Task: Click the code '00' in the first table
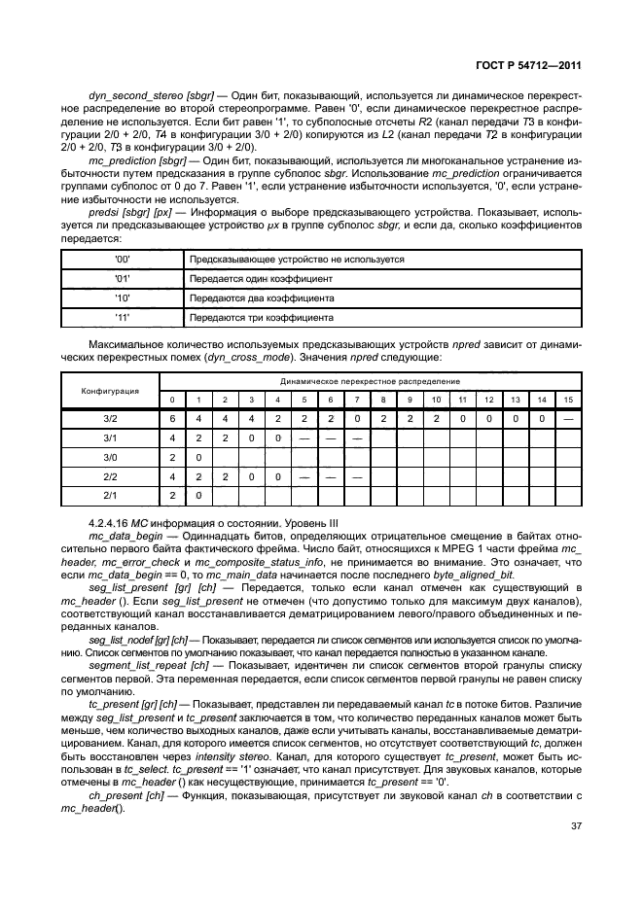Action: pyautogui.click(x=123, y=260)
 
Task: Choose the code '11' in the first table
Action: pyautogui.click(x=123, y=318)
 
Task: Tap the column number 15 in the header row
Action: pyautogui.click(x=568, y=401)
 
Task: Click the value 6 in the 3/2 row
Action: pyautogui.click(x=172, y=418)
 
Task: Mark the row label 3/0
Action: pyautogui.click(x=110, y=457)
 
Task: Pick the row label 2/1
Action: pyautogui.click(x=110, y=496)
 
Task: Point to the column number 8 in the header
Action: pyautogui.click(x=383, y=401)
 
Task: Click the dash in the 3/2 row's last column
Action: pyautogui.click(x=568, y=418)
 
